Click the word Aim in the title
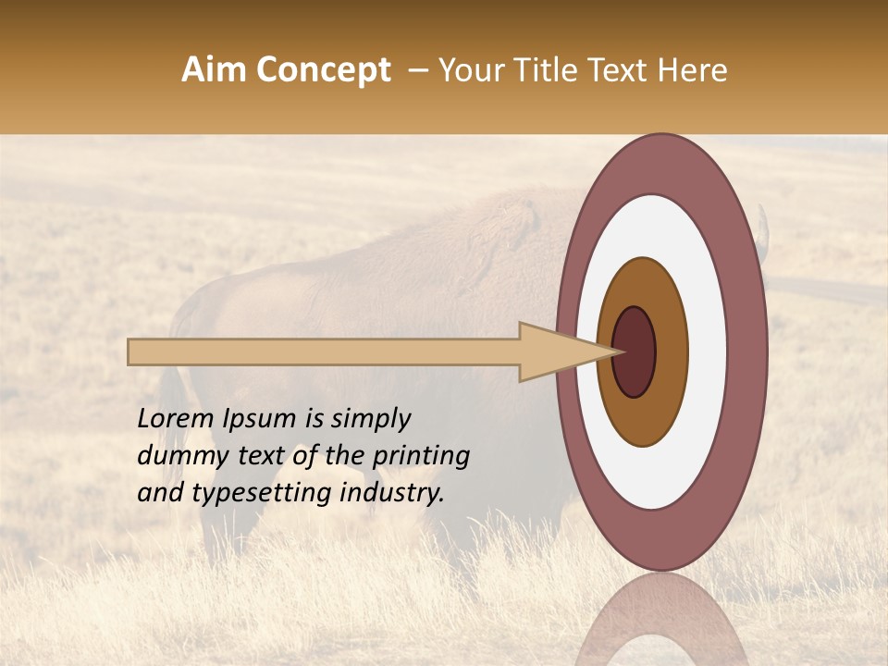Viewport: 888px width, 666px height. pos(215,70)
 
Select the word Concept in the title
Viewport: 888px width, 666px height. pos(323,70)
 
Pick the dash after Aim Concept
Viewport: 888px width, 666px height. pos(417,70)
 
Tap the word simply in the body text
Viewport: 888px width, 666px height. pos(370,420)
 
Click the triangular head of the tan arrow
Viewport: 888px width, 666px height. pos(555,352)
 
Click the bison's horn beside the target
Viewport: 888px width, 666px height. pos(764,227)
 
